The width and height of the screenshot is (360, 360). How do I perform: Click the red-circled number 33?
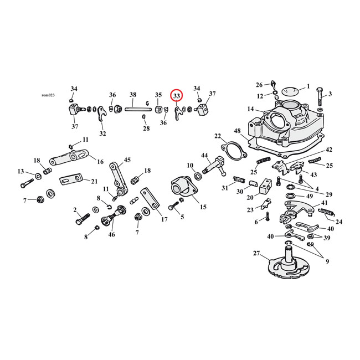coord(177,96)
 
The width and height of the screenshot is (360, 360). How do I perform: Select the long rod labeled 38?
coord(133,109)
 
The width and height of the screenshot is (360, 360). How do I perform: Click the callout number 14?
coord(251,109)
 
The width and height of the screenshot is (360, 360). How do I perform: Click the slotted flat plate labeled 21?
coord(69,179)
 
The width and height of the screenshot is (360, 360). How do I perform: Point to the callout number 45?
coord(127,161)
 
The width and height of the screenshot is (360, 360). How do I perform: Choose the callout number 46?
coord(112,235)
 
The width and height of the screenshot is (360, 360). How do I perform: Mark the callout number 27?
coord(256,253)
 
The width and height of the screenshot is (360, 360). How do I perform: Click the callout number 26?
coord(259,85)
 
